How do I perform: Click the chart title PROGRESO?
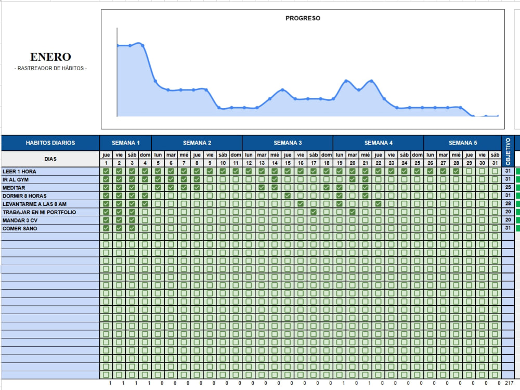(x=303, y=18)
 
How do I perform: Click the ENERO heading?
(x=50, y=57)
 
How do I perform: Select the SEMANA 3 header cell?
(x=288, y=143)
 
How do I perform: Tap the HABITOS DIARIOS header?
(x=50, y=143)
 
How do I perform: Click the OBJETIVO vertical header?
(x=508, y=151)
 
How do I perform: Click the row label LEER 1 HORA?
(x=19, y=172)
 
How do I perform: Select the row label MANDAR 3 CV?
(x=20, y=220)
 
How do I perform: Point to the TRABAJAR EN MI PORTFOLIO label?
(x=39, y=212)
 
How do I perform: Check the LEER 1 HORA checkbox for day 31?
(x=495, y=171)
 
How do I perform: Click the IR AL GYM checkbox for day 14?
(x=275, y=179)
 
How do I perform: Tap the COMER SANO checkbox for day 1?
(x=106, y=228)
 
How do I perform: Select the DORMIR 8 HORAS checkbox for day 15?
(x=288, y=196)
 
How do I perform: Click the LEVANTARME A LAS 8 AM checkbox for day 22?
(x=379, y=204)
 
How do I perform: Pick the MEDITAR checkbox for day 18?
(x=327, y=187)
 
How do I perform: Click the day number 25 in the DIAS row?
(x=417, y=163)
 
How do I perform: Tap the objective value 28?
(x=508, y=204)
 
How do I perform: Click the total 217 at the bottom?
(x=509, y=383)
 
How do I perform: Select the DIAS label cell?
(x=50, y=159)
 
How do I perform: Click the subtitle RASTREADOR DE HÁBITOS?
(x=50, y=68)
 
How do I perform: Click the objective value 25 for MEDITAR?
(x=508, y=187)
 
